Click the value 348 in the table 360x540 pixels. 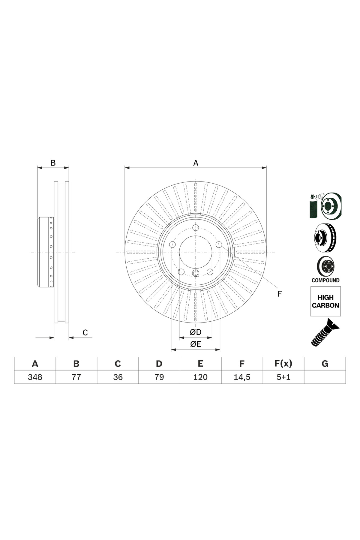pyautogui.click(x=35, y=377)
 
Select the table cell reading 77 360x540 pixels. pyautogui.click(x=76, y=377)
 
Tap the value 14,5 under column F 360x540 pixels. pyautogui.click(x=242, y=377)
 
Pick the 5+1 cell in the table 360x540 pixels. pyautogui.click(x=283, y=377)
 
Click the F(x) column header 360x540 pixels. pyautogui.click(x=283, y=364)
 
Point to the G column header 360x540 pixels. pyautogui.click(x=325, y=364)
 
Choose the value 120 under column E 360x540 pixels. pyautogui.click(x=200, y=377)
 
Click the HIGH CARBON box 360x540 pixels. pyautogui.click(x=325, y=301)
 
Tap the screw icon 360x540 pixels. pyautogui.click(x=325, y=333)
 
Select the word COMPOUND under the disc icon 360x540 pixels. pyautogui.click(x=325, y=280)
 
